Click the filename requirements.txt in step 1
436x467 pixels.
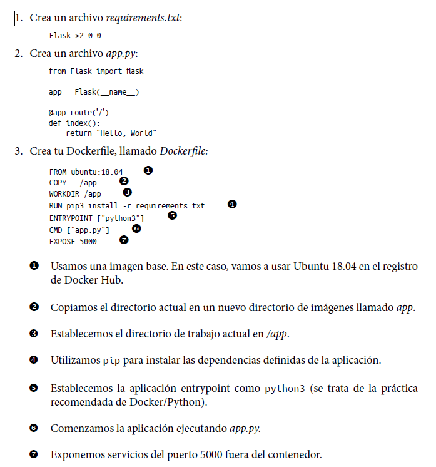[x=143, y=18]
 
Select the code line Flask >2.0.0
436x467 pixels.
[x=75, y=36]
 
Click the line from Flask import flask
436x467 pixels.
[x=96, y=71]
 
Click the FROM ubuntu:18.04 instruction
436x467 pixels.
[x=86, y=172]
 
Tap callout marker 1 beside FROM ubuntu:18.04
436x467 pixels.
[x=148, y=170]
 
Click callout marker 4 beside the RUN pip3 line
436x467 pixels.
[x=232, y=204]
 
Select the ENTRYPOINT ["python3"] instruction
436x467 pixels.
[x=97, y=217]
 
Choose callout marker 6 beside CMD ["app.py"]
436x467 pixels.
[x=136, y=228]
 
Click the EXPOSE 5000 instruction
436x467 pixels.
[x=73, y=240]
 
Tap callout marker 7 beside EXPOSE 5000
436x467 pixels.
[x=123, y=239]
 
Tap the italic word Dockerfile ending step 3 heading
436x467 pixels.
[x=184, y=151]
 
